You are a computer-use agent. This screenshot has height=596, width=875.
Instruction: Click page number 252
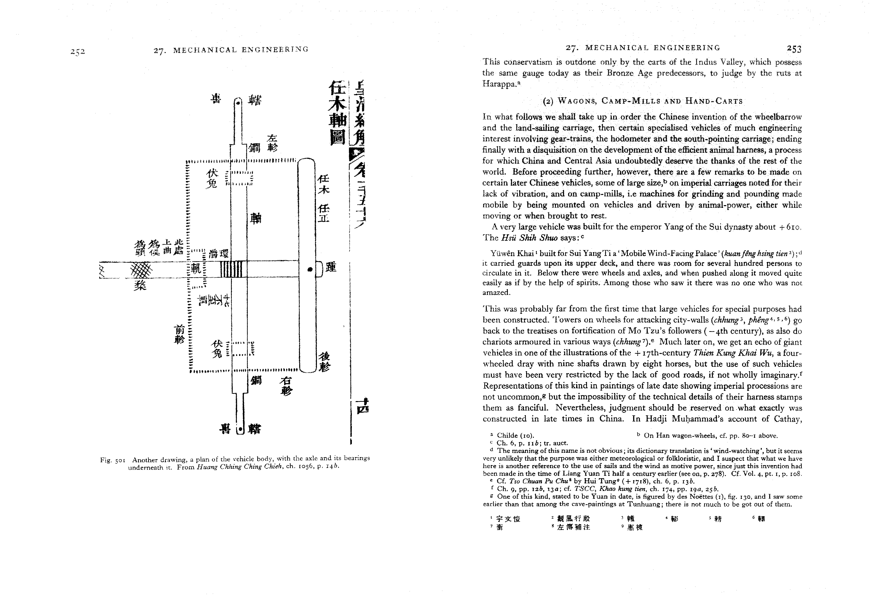click(x=78, y=52)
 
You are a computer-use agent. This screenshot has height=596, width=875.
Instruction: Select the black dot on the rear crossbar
click(x=310, y=269)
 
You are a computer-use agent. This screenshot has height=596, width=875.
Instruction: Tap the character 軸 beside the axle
click(x=256, y=218)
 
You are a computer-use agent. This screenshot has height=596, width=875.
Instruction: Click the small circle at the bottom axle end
click(x=240, y=429)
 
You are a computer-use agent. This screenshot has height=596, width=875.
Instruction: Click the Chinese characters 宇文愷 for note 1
click(x=508, y=519)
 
